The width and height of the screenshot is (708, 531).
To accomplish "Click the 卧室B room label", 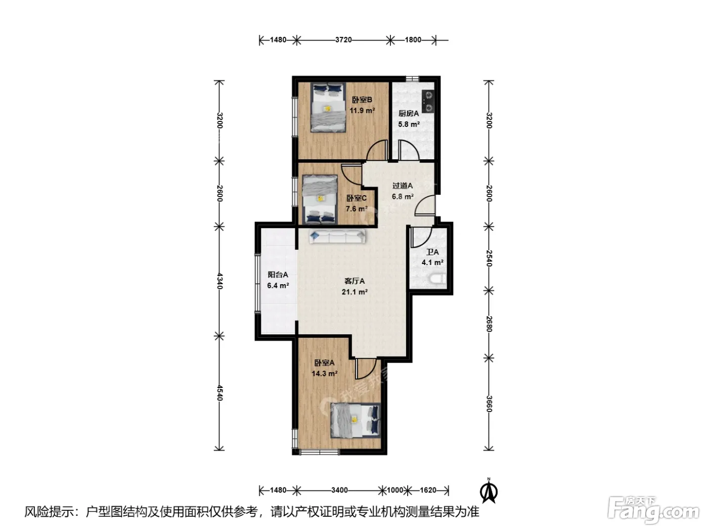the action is [362, 100].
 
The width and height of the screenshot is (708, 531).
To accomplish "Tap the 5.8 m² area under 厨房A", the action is [409, 124].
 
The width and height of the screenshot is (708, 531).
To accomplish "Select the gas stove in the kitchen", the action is [428, 101].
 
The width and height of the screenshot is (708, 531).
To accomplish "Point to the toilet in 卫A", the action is [438, 279].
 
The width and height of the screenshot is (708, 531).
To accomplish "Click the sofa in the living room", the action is [337, 236].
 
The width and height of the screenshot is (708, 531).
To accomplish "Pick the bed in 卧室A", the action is [355, 420].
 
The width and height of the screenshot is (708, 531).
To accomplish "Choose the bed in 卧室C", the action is [320, 199].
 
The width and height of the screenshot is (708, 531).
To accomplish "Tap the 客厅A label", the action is [355, 281].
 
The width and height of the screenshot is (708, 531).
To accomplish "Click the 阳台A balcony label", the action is [278, 275].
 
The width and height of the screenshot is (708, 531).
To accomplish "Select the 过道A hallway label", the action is [403, 186].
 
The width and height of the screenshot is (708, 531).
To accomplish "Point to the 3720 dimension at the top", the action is [343, 39].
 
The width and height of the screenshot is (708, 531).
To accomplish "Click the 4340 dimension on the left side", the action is [219, 281].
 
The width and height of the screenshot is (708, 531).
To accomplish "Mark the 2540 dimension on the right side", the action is [489, 258].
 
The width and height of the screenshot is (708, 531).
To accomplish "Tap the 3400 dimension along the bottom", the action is [339, 490].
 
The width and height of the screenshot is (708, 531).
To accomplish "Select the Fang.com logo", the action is [654, 511].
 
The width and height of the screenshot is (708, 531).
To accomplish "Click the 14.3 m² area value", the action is [325, 374].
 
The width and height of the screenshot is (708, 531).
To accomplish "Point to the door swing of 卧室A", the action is [366, 369].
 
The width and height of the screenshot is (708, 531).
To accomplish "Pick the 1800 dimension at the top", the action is [413, 39].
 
